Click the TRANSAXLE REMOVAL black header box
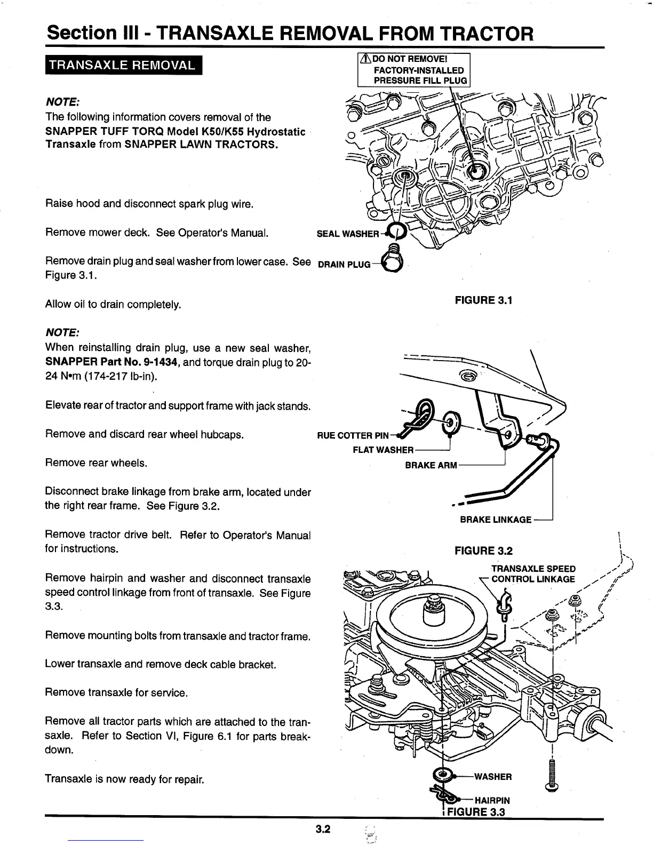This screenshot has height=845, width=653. pyautogui.click(x=121, y=66)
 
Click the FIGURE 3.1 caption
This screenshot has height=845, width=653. pyautogui.click(x=483, y=300)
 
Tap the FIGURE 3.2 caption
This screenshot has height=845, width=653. pyautogui.click(x=483, y=551)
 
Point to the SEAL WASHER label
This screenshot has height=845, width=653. pyautogui.click(x=347, y=234)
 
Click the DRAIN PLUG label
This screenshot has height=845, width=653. pyautogui.click(x=344, y=265)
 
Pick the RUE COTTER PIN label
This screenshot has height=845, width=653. pyautogui.click(x=353, y=435)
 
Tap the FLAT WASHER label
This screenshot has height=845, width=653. pyautogui.click(x=383, y=450)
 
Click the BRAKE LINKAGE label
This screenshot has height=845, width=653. pyautogui.click(x=495, y=520)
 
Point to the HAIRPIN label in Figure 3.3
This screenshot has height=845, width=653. pyautogui.click(x=491, y=800)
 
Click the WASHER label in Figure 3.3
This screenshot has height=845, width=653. pyautogui.click(x=492, y=777)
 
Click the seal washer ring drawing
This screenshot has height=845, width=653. pyautogui.click(x=396, y=231)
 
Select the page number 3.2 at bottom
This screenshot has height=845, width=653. pyautogui.click(x=323, y=829)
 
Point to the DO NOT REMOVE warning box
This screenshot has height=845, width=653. pyautogui.click(x=414, y=70)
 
